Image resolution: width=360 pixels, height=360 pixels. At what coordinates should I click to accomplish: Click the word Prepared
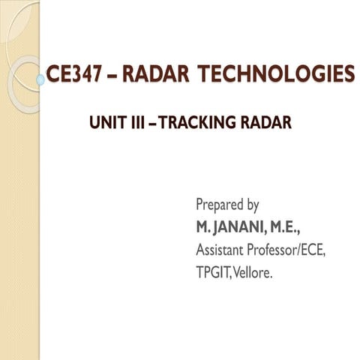point(220,204)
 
